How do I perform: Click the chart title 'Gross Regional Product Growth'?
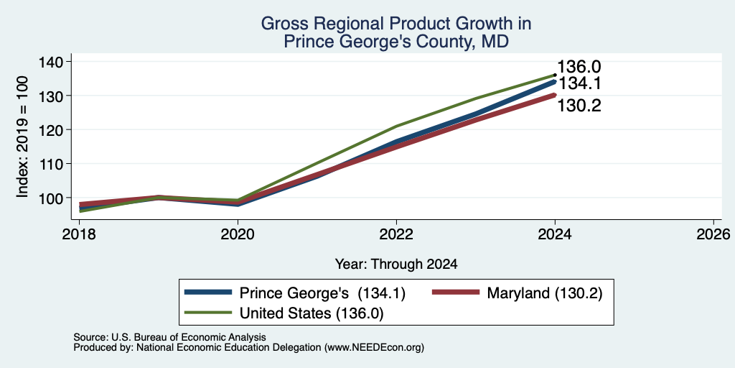point(395,24)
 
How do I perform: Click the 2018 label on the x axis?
point(79,234)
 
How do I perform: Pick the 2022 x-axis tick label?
point(396,234)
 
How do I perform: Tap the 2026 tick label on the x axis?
point(713,234)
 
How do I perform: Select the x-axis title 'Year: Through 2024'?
point(396,264)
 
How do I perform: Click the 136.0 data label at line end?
point(579,67)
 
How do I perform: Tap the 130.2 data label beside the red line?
point(579,106)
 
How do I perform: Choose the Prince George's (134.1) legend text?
point(322,293)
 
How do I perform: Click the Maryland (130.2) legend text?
point(544,293)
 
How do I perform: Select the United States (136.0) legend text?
point(312,313)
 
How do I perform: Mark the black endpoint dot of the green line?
point(555,75)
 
